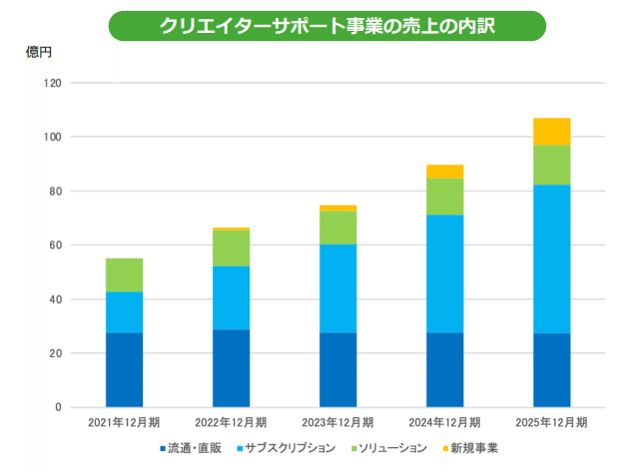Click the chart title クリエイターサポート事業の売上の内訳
click(x=326, y=26)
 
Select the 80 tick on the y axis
click(x=56, y=191)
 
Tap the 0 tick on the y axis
click(x=59, y=407)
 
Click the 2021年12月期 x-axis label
click(x=125, y=424)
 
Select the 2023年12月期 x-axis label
click(x=337, y=424)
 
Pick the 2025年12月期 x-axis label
click(x=552, y=424)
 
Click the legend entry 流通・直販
click(x=196, y=448)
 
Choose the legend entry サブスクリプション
click(x=291, y=448)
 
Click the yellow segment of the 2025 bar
click(x=551, y=132)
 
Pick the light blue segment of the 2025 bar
click(x=551, y=258)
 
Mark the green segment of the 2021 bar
click(x=125, y=275)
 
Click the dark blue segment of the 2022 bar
click(x=231, y=368)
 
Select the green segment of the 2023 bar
click(x=337, y=228)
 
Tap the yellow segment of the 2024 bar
click(x=444, y=172)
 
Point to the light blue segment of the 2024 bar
click(x=444, y=273)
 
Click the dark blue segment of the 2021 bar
click(x=125, y=369)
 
